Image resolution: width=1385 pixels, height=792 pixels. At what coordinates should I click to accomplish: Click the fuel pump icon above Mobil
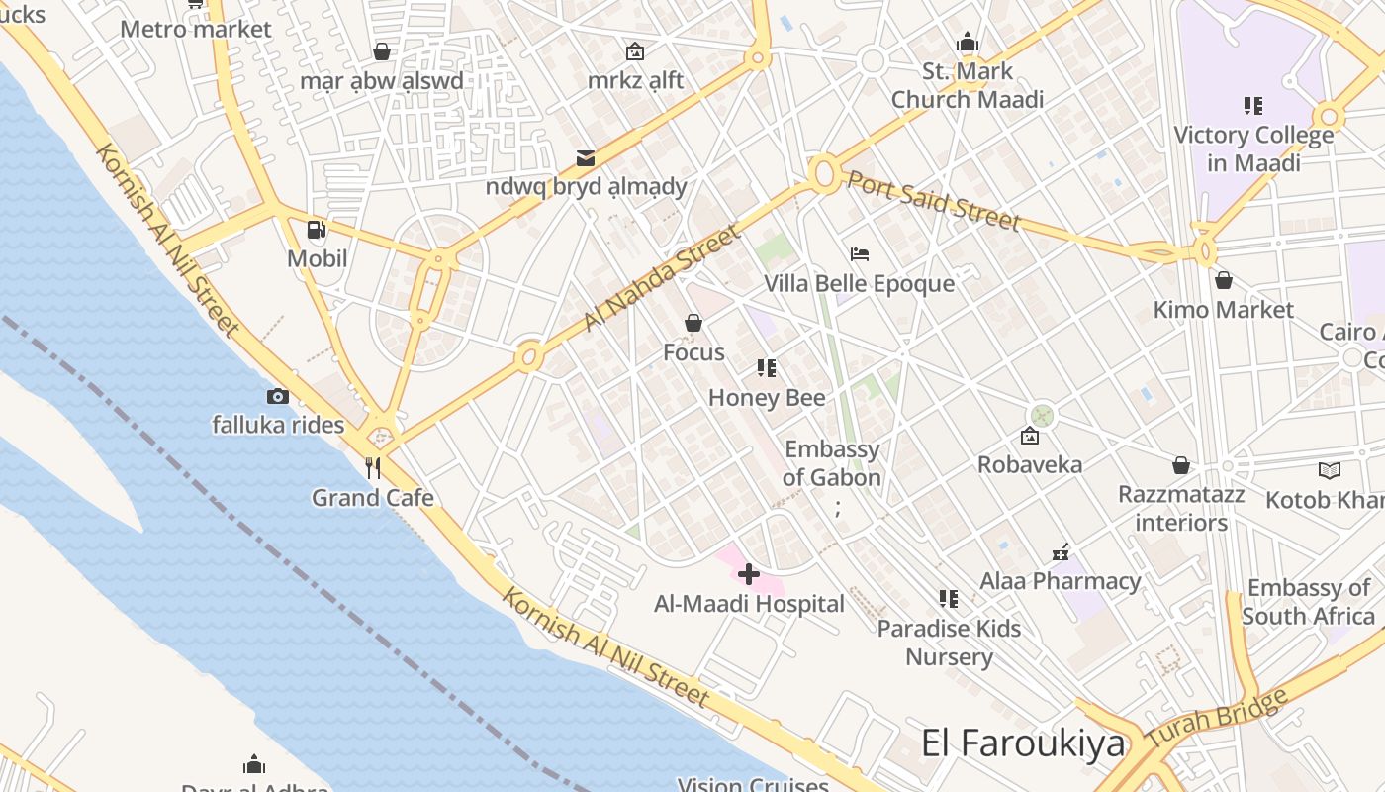coord(317,230)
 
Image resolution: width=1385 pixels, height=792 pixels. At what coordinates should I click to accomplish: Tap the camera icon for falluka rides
coord(278,396)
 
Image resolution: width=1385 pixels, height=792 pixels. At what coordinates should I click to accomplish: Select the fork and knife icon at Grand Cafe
coord(373,467)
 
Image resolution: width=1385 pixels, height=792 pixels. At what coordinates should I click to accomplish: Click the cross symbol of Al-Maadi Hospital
coord(749,573)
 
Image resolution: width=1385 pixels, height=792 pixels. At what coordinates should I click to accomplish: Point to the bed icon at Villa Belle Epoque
coord(860,254)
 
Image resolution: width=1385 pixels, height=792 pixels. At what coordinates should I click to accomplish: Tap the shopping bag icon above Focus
coord(693,323)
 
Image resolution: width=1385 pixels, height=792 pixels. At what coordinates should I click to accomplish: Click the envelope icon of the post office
coord(586,157)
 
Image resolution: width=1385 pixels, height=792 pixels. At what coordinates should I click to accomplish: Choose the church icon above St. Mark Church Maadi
coord(968,43)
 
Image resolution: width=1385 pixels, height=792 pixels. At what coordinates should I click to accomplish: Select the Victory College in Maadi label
coord(1253,148)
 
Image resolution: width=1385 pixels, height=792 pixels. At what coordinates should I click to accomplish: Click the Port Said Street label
coord(932,200)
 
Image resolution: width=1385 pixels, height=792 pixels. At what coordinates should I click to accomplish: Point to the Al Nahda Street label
coord(662,278)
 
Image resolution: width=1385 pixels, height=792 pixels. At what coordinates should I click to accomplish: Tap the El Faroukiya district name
coord(1023,742)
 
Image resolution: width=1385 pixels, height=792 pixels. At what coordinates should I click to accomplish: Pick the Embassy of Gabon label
coord(832,463)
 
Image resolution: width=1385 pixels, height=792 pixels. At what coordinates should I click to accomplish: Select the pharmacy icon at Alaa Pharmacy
coord(1061,552)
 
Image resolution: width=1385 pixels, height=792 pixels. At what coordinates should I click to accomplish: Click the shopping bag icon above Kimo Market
coord(1224,280)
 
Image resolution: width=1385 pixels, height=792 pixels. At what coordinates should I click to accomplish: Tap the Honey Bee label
coord(767,398)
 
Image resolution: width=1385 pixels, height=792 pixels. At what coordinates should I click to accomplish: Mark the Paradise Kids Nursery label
coord(949,643)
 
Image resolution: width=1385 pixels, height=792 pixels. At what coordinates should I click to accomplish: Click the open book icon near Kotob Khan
coord(1330,470)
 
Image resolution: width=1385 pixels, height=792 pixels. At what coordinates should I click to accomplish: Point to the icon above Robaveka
coord(1030,436)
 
